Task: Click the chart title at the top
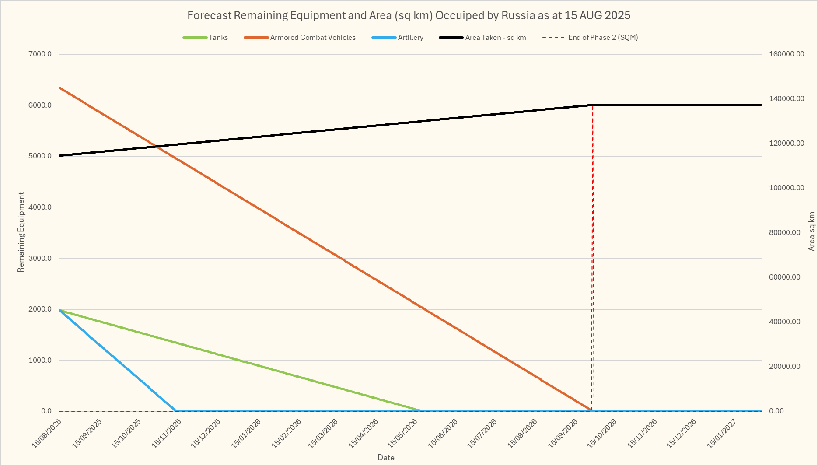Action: tap(409, 15)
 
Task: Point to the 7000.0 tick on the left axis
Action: tap(40, 54)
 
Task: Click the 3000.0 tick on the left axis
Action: tap(40, 258)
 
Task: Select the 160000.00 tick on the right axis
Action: tap(787, 54)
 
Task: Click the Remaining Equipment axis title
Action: tap(21, 232)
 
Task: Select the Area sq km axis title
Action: tap(811, 232)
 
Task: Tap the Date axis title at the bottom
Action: tap(386, 458)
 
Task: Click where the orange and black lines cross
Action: tap(156, 146)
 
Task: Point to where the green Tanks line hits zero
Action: tap(421, 410)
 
